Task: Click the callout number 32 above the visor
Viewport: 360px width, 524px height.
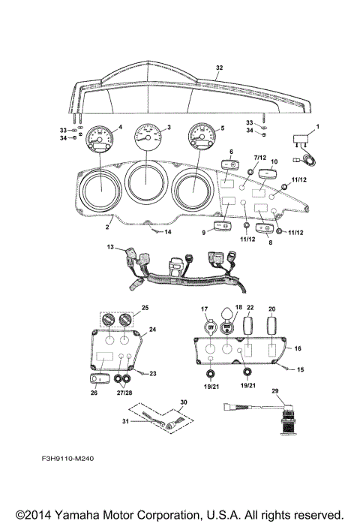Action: tap(219, 68)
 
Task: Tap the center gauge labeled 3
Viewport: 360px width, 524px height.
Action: tap(148, 136)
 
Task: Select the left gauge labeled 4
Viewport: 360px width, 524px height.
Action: tap(98, 139)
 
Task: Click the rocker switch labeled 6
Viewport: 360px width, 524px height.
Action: tap(230, 165)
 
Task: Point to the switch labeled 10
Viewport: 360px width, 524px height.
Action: tap(268, 173)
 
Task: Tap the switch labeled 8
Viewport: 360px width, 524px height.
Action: tap(265, 228)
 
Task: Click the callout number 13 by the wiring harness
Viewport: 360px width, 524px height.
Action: tap(110, 247)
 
